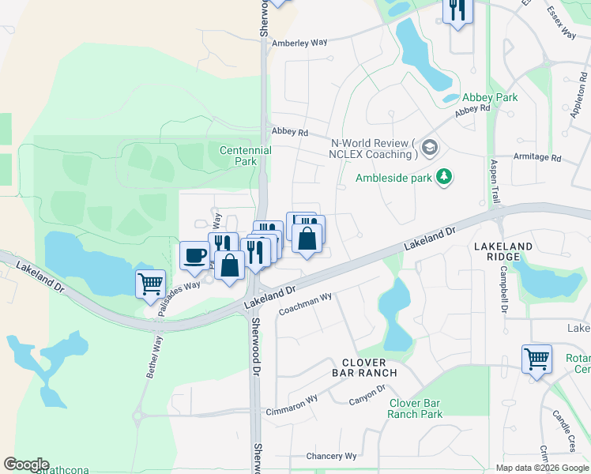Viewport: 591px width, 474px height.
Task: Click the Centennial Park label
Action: coord(245,156)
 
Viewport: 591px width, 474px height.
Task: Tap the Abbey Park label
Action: coord(490,97)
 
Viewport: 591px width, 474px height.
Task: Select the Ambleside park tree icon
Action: coord(445,176)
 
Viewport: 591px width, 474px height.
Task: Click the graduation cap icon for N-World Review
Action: coord(429,147)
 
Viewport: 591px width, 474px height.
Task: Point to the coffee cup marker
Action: coord(194,255)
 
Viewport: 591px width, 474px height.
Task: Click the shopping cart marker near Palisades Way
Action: coord(150,283)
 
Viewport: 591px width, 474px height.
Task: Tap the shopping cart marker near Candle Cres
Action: coord(536,359)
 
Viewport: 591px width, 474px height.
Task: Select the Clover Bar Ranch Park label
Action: coord(415,408)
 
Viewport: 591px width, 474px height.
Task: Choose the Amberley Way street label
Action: coord(299,44)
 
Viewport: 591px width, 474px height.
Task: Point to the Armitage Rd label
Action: coord(536,157)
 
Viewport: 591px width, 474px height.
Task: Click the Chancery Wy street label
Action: coord(331,456)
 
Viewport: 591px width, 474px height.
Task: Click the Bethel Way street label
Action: coord(154,357)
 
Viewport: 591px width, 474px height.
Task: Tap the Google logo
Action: coord(26,464)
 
